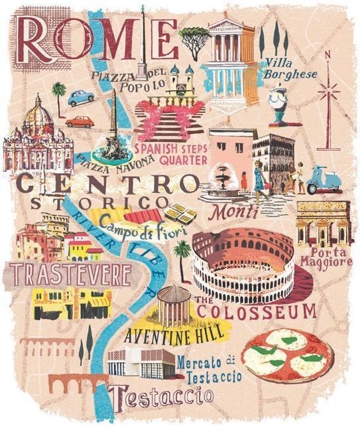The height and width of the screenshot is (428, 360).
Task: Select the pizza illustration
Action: click(286, 355)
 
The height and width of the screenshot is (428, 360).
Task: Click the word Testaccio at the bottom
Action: click(163, 397)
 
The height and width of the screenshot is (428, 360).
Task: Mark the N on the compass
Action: click(327, 56)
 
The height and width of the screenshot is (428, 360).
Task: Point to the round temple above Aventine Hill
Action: click(173, 303)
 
